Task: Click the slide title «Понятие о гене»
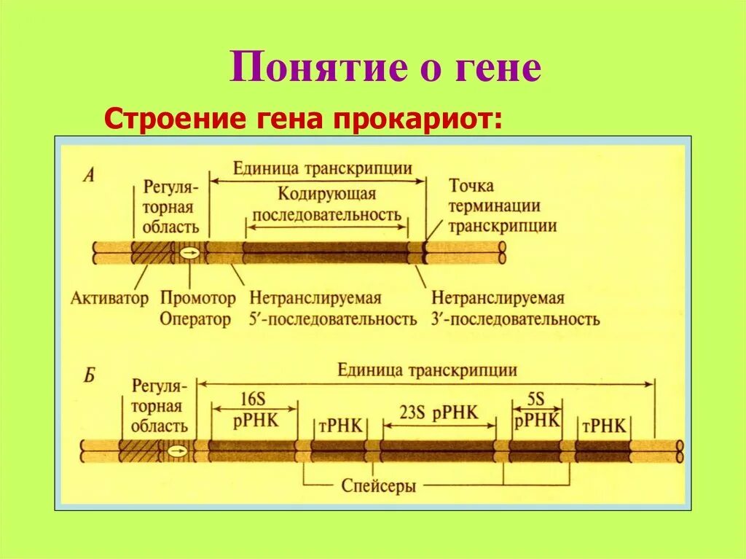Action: [x=386, y=68]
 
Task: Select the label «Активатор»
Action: [x=110, y=298]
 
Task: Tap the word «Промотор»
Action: [x=198, y=298]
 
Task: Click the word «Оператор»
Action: [x=195, y=319]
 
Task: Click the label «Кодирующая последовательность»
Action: [x=327, y=204]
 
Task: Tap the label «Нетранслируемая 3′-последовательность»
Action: [x=515, y=308]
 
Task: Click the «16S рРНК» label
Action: [x=254, y=412]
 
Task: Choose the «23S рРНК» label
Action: [x=439, y=413]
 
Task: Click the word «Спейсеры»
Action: [x=379, y=485]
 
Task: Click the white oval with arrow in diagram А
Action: [x=189, y=253]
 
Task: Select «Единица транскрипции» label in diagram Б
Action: [x=427, y=370]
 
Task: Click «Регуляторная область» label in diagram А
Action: [x=170, y=206]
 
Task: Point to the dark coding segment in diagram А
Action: [x=325, y=253]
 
